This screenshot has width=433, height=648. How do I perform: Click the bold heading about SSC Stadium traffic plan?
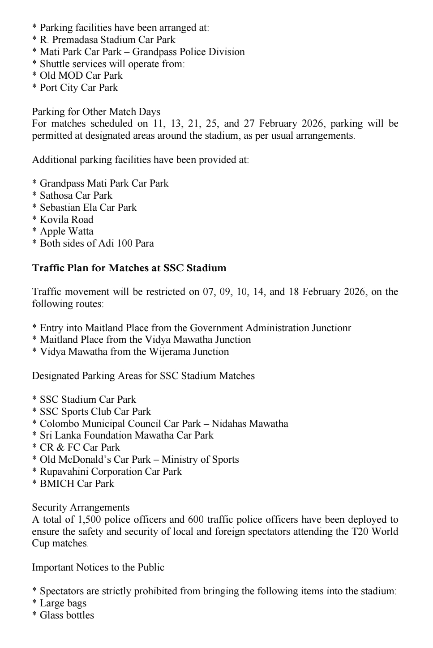(x=129, y=268)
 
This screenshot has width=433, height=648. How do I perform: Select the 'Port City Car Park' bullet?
(x=78, y=88)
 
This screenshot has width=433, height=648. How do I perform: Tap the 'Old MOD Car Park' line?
(x=81, y=76)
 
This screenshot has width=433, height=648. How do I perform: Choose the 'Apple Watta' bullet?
(x=66, y=231)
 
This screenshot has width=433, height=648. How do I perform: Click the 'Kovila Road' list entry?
(x=66, y=220)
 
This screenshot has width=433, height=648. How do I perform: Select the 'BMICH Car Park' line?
(x=77, y=484)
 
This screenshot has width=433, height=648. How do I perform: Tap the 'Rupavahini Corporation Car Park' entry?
(x=111, y=472)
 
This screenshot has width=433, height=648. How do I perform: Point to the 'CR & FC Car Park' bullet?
(x=80, y=448)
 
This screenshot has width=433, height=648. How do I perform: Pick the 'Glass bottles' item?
(x=67, y=615)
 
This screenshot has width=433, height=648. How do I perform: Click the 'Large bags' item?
(x=63, y=603)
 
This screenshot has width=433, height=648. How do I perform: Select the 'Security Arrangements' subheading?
(x=81, y=507)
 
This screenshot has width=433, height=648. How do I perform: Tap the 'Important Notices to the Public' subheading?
(x=98, y=567)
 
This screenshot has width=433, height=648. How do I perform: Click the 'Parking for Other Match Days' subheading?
(x=96, y=111)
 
